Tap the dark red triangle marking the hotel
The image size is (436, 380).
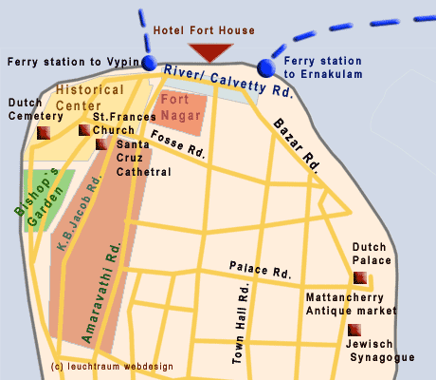point(209,51)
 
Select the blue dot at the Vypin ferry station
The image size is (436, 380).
point(149,64)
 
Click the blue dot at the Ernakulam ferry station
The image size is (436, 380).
point(265,66)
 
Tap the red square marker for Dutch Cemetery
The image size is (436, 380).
point(43,134)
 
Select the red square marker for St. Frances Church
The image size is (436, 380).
point(84,130)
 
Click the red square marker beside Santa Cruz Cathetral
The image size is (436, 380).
point(101,144)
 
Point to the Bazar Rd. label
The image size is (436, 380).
point(297,142)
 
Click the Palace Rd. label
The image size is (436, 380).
point(260,271)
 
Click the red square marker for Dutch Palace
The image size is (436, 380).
point(359,277)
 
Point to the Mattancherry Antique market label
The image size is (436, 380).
point(351,303)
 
